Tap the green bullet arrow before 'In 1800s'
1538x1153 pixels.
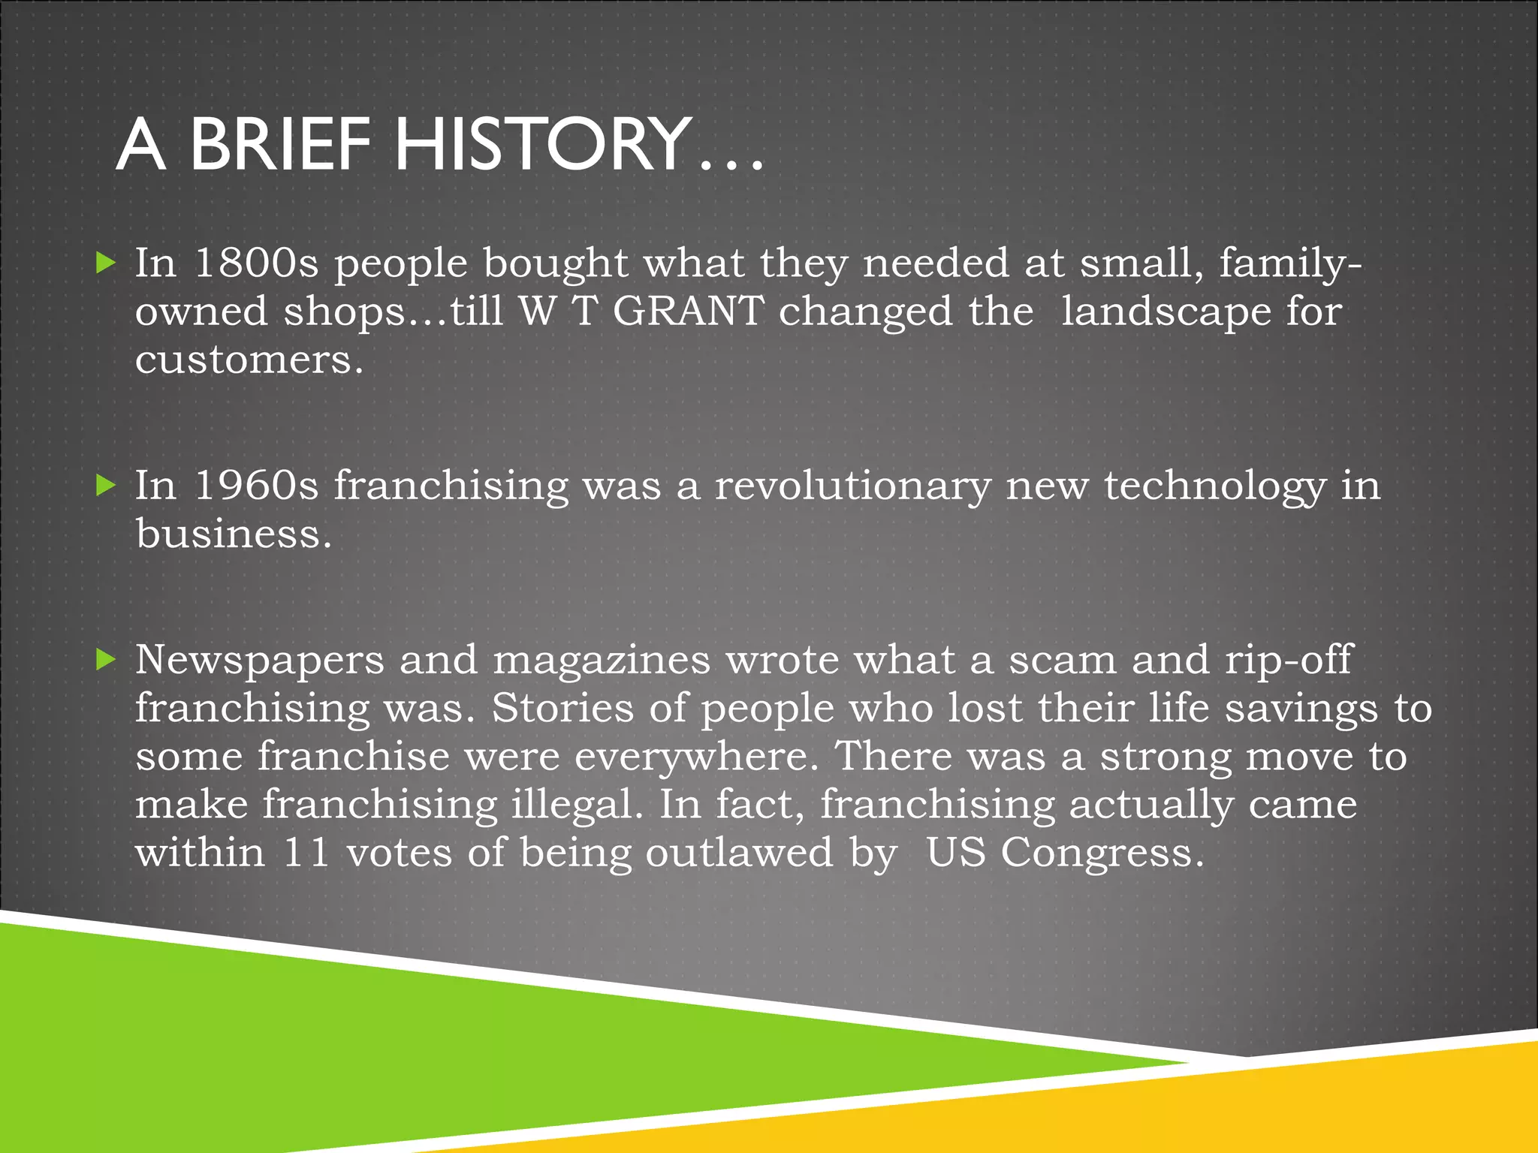pyautogui.click(x=107, y=263)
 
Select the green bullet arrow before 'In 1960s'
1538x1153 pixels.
pyautogui.click(x=107, y=486)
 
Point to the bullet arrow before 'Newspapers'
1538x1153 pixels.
pyautogui.click(x=107, y=660)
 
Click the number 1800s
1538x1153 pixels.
pyautogui.click(x=256, y=263)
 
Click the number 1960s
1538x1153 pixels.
pyautogui.click(x=256, y=486)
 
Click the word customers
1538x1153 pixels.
pyautogui.click(x=249, y=360)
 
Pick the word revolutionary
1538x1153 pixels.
pyautogui.click(x=852, y=486)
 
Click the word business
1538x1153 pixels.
pyautogui.click(x=233, y=534)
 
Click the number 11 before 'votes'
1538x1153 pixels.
pyautogui.click(x=306, y=853)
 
